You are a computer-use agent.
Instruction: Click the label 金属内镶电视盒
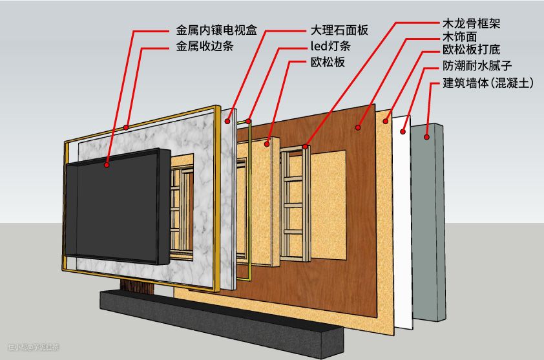[x=216, y=30]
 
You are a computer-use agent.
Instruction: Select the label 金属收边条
[x=205, y=47]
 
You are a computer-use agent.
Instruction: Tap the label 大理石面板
[x=339, y=30]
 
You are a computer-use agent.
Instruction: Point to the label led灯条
[x=330, y=47]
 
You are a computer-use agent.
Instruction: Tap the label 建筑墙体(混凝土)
[x=488, y=83]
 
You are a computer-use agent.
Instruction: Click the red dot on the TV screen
[x=107, y=165]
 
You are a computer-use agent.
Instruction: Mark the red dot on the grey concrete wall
[x=426, y=136]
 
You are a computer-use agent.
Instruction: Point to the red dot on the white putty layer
[x=403, y=132]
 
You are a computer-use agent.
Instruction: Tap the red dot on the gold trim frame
[x=127, y=127]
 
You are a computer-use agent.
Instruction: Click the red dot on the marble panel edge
[x=227, y=120]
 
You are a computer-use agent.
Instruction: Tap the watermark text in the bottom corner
[x=33, y=348]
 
